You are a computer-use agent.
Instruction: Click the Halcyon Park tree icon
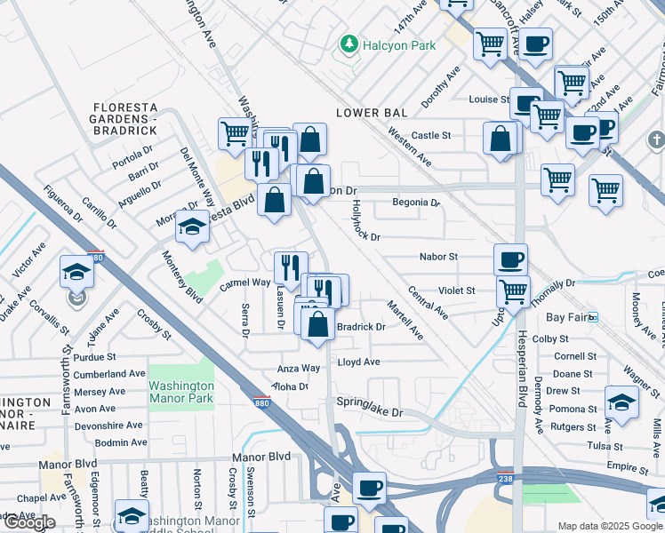coord(349,44)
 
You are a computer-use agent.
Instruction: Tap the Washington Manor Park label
coord(181,392)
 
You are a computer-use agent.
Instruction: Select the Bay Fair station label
coord(566,317)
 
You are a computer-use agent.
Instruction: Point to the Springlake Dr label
coord(369,413)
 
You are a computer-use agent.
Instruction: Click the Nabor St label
coord(438,257)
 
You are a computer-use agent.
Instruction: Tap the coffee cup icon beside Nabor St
coord(510,259)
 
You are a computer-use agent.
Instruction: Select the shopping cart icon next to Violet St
coord(513,290)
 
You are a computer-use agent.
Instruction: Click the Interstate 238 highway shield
coord(503,476)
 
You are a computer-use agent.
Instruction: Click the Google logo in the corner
coord(28,522)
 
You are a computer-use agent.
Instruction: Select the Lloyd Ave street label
coord(358,362)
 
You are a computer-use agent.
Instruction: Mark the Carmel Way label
coord(245,282)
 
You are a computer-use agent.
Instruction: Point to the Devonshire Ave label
coord(109,426)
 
